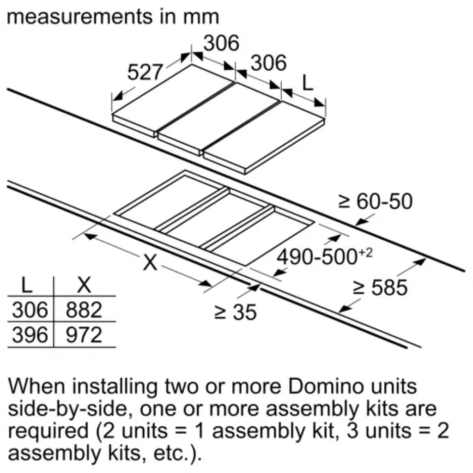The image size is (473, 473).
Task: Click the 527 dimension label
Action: click(x=145, y=73)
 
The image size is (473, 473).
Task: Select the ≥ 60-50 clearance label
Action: click(x=375, y=201)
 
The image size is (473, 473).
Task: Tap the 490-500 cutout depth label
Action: click(x=317, y=257)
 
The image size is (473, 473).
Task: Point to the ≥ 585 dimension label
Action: click(x=381, y=287)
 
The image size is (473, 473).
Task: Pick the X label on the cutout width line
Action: click(x=150, y=262)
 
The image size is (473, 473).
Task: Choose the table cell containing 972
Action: click(x=84, y=335)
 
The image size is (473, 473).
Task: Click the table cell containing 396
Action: click(x=30, y=335)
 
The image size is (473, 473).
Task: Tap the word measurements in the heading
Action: click(x=79, y=17)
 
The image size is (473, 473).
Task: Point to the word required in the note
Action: click(x=48, y=432)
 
